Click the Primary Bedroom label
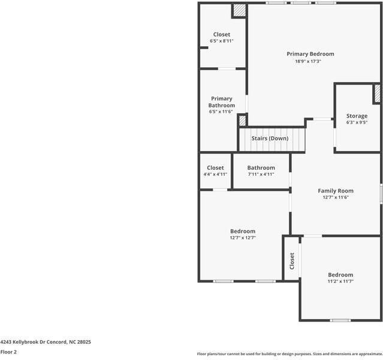point(310,54)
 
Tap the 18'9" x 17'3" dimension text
point(308,61)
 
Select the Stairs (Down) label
point(270,139)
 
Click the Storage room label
point(357,116)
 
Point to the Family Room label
point(336,191)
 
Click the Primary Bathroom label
point(221,102)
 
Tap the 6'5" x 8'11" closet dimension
point(221,41)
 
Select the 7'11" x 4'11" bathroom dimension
point(261,175)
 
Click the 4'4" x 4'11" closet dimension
point(215,175)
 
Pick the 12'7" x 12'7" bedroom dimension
point(243,238)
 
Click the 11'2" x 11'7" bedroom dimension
point(340,281)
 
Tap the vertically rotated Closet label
point(292,260)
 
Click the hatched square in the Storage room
point(377,94)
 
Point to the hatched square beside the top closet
point(239,10)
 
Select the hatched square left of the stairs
point(242,120)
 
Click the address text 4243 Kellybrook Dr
point(46,341)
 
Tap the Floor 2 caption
point(8,352)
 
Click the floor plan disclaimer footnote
point(289,354)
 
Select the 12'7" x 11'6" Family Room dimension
point(336,197)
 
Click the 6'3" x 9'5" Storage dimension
point(357,122)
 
